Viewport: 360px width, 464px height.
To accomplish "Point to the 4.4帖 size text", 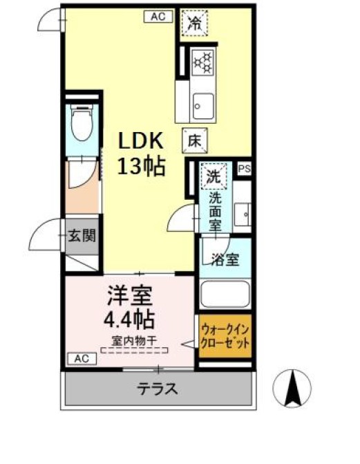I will pos(129,319).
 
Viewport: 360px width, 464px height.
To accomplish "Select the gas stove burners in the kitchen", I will pos(203,62).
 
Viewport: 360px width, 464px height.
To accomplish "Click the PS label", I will pos(244,169).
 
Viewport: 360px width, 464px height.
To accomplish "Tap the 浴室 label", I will pos(225,260).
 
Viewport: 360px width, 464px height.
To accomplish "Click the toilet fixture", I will pos(82,124).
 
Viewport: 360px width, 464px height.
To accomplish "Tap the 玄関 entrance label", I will pos(81,236).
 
